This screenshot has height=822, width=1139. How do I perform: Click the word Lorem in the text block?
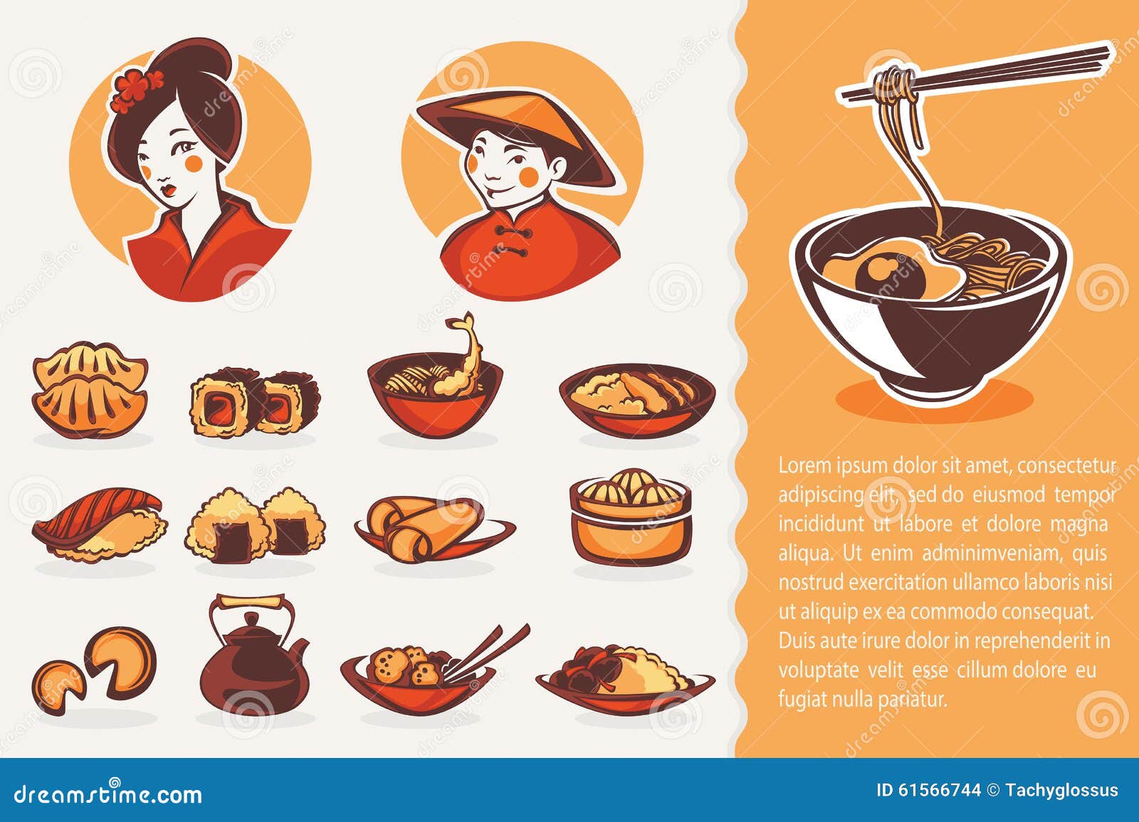coord(804,466)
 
